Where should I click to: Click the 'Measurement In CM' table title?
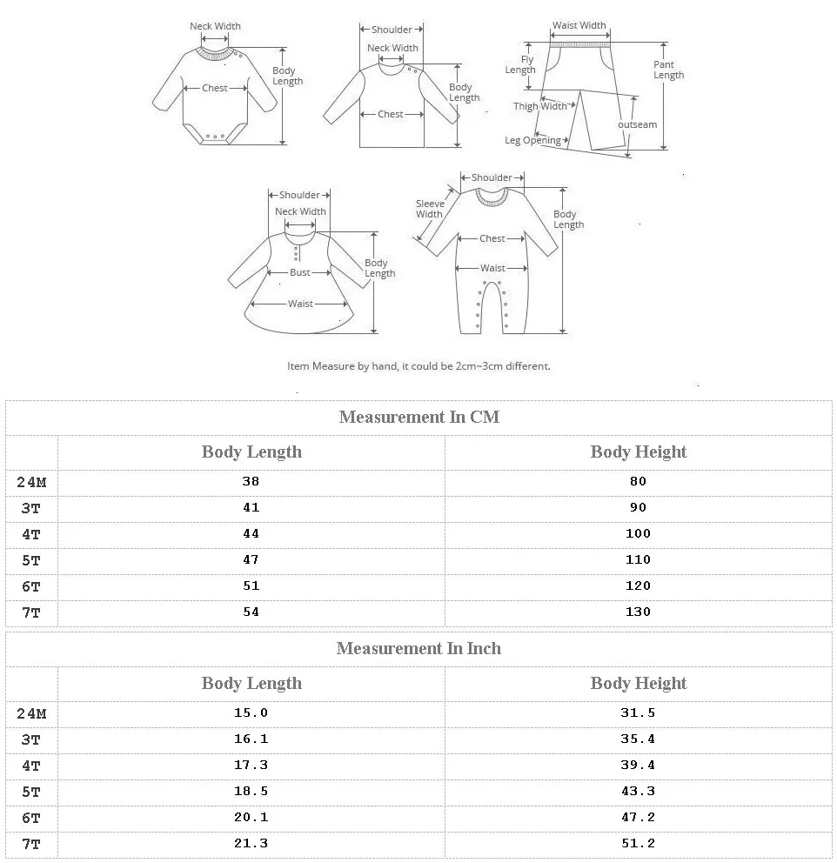[418, 417]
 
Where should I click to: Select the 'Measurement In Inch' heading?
[418, 648]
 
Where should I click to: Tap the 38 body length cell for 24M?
[251, 481]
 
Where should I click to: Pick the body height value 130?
[638, 612]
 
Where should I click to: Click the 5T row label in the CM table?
[31, 560]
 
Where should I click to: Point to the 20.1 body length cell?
[251, 817]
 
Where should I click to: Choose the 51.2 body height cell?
[638, 843]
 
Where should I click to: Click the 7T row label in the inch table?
[31, 844]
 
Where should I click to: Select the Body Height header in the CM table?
[638, 452]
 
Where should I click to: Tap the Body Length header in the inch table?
[251, 683]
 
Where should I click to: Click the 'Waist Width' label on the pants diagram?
[579, 26]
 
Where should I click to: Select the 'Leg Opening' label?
[532, 140]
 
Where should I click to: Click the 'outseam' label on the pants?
[638, 124]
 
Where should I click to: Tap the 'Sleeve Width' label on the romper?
[430, 209]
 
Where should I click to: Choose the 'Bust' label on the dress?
[300, 272]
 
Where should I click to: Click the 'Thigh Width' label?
[539, 106]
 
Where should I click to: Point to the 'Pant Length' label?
[668, 70]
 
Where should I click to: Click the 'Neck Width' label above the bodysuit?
[215, 26]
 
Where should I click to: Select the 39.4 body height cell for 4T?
[638, 765]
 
